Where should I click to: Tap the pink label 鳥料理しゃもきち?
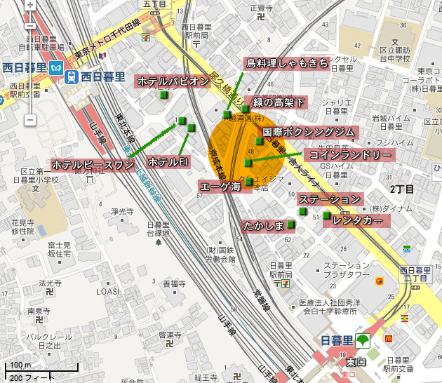(287, 64)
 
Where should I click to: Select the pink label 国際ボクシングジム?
(309, 132)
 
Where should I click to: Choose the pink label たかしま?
(263, 225)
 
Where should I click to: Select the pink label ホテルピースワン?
(93, 165)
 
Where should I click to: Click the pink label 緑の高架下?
(279, 103)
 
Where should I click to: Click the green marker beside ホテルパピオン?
(164, 95)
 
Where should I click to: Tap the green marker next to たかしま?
(290, 224)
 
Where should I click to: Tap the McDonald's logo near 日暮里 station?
(389, 337)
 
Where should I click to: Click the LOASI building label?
(107, 291)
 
